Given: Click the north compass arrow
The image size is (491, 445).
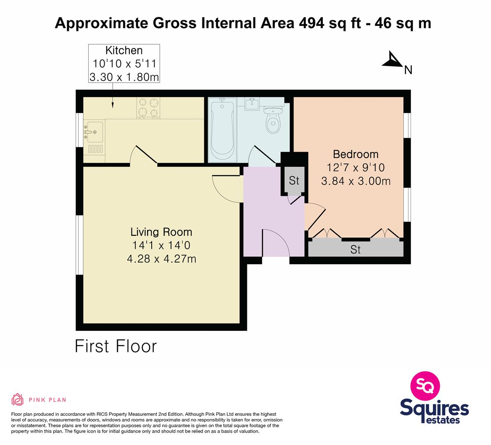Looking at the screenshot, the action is point(392,59).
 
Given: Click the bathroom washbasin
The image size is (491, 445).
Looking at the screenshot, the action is point(252,104).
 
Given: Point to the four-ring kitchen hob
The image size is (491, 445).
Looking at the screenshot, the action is point(148,108).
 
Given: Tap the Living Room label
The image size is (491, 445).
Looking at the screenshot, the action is point(161,232).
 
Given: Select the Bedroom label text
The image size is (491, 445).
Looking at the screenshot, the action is point(355,154).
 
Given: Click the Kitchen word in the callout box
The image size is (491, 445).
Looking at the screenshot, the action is point(124,50).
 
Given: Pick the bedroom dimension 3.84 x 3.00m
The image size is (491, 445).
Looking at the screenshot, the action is point(356,181).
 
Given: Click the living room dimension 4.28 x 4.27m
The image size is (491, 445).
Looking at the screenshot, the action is point(162,259).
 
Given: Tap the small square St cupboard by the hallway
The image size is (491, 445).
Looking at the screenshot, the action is point(294,180).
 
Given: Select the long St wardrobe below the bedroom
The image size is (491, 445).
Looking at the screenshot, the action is point(356,249).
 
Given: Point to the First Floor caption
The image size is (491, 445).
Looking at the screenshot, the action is point(116,346).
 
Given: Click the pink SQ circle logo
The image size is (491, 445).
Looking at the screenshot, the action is point(425,386).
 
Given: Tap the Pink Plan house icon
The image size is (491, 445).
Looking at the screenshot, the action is point(18,399).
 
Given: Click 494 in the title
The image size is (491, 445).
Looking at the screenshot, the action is point(312,23).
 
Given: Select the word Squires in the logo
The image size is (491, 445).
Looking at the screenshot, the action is point(435,408).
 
